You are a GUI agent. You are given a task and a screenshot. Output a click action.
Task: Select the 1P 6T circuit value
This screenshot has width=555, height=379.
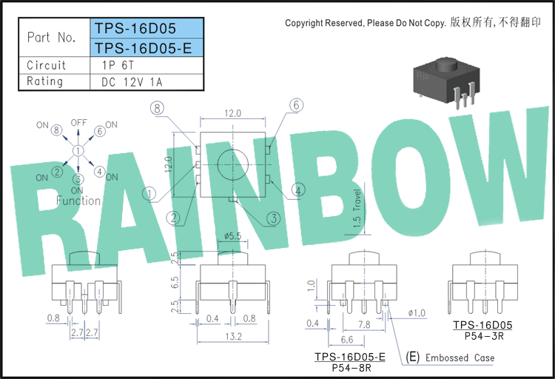(x=118, y=65)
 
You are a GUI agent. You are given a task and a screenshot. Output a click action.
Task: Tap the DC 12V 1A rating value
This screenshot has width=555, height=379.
(x=132, y=82)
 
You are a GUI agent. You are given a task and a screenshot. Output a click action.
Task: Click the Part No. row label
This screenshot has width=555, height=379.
(x=52, y=37)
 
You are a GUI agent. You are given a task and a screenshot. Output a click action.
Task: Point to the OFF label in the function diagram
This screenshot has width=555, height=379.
(x=78, y=123)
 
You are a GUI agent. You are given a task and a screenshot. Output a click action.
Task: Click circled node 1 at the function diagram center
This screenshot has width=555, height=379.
(x=78, y=151)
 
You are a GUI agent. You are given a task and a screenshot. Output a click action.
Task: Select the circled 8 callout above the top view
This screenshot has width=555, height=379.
(x=157, y=107)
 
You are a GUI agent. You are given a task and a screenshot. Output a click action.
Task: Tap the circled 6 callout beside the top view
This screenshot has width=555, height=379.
(x=296, y=105)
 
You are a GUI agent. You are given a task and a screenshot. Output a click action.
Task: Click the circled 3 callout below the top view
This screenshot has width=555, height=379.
(x=274, y=218)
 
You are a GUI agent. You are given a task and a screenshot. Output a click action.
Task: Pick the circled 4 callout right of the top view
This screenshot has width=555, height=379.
(x=298, y=190)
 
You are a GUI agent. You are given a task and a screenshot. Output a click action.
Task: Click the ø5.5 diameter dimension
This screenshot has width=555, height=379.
(x=232, y=236)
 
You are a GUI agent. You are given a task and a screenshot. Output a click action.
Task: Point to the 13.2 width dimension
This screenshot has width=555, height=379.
(x=233, y=336)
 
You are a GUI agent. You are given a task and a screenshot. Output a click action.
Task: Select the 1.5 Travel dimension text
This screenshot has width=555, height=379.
(x=357, y=208)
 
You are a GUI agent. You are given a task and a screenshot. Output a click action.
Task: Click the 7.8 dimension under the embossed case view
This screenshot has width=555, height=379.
(x=364, y=324)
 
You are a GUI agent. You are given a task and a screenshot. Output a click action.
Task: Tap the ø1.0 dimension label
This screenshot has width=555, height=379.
(x=417, y=313)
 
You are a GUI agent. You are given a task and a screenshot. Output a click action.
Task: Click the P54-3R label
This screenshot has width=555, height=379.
(x=484, y=336)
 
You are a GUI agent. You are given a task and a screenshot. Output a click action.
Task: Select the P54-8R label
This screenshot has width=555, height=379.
(x=351, y=368)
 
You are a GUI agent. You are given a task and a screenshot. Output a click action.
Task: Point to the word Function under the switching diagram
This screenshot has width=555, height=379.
(x=78, y=201)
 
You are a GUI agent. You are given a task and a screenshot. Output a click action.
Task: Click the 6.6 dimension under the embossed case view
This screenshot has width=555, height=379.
(x=347, y=340)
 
